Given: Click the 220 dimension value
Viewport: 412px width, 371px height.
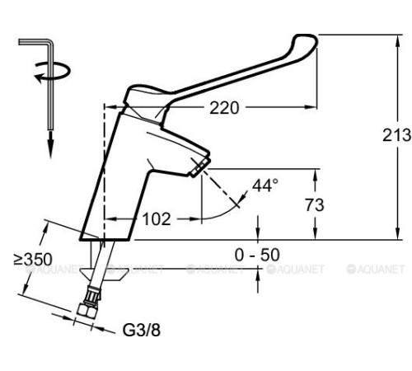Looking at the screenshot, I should coord(225,106).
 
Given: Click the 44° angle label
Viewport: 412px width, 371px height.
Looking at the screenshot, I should coord(265,185).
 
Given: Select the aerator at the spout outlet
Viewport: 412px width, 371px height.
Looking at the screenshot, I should coord(198,169).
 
